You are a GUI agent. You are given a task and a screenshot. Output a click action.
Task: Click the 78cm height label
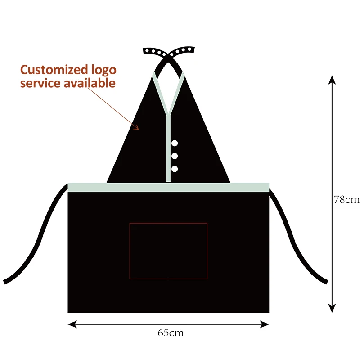point(346,199)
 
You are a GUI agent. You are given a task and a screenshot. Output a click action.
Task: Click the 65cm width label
point(171,333)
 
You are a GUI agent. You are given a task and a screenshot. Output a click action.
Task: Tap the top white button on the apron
point(175,144)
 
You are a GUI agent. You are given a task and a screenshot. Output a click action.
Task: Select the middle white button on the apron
point(175,156)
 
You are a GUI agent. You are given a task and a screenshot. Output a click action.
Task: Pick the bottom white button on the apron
point(175,169)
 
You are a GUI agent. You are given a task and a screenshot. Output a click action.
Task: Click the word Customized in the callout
point(54,70)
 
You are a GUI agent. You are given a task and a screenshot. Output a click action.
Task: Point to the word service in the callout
point(40,83)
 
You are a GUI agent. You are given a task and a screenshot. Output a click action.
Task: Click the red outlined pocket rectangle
point(168,251)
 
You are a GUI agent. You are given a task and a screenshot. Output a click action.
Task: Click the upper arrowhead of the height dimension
point(332,79)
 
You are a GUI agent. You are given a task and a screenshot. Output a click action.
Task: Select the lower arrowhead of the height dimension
point(332,309)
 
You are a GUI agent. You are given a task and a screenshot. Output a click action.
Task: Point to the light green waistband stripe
point(168,187)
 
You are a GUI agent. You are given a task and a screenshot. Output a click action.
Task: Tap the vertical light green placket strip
point(168,148)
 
